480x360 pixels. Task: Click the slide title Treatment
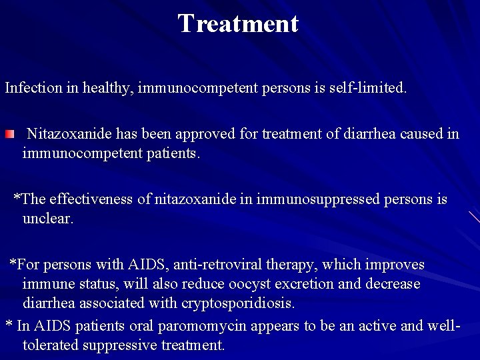(238, 24)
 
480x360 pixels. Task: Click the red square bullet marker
(9, 135)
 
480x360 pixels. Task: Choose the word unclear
(47, 219)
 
